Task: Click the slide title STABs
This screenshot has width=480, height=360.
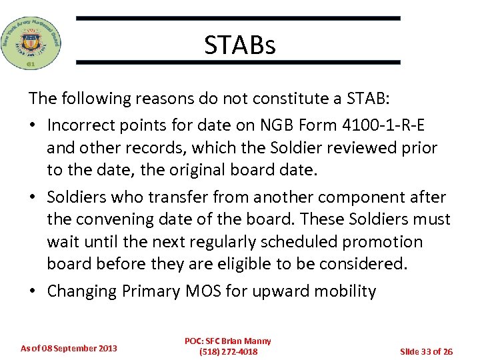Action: pyautogui.click(x=239, y=45)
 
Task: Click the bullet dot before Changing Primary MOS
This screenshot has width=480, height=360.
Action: pyautogui.click(x=33, y=292)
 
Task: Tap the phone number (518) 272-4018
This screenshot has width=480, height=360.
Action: pyautogui.click(x=228, y=352)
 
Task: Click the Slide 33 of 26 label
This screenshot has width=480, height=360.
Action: pyautogui.click(x=426, y=351)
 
